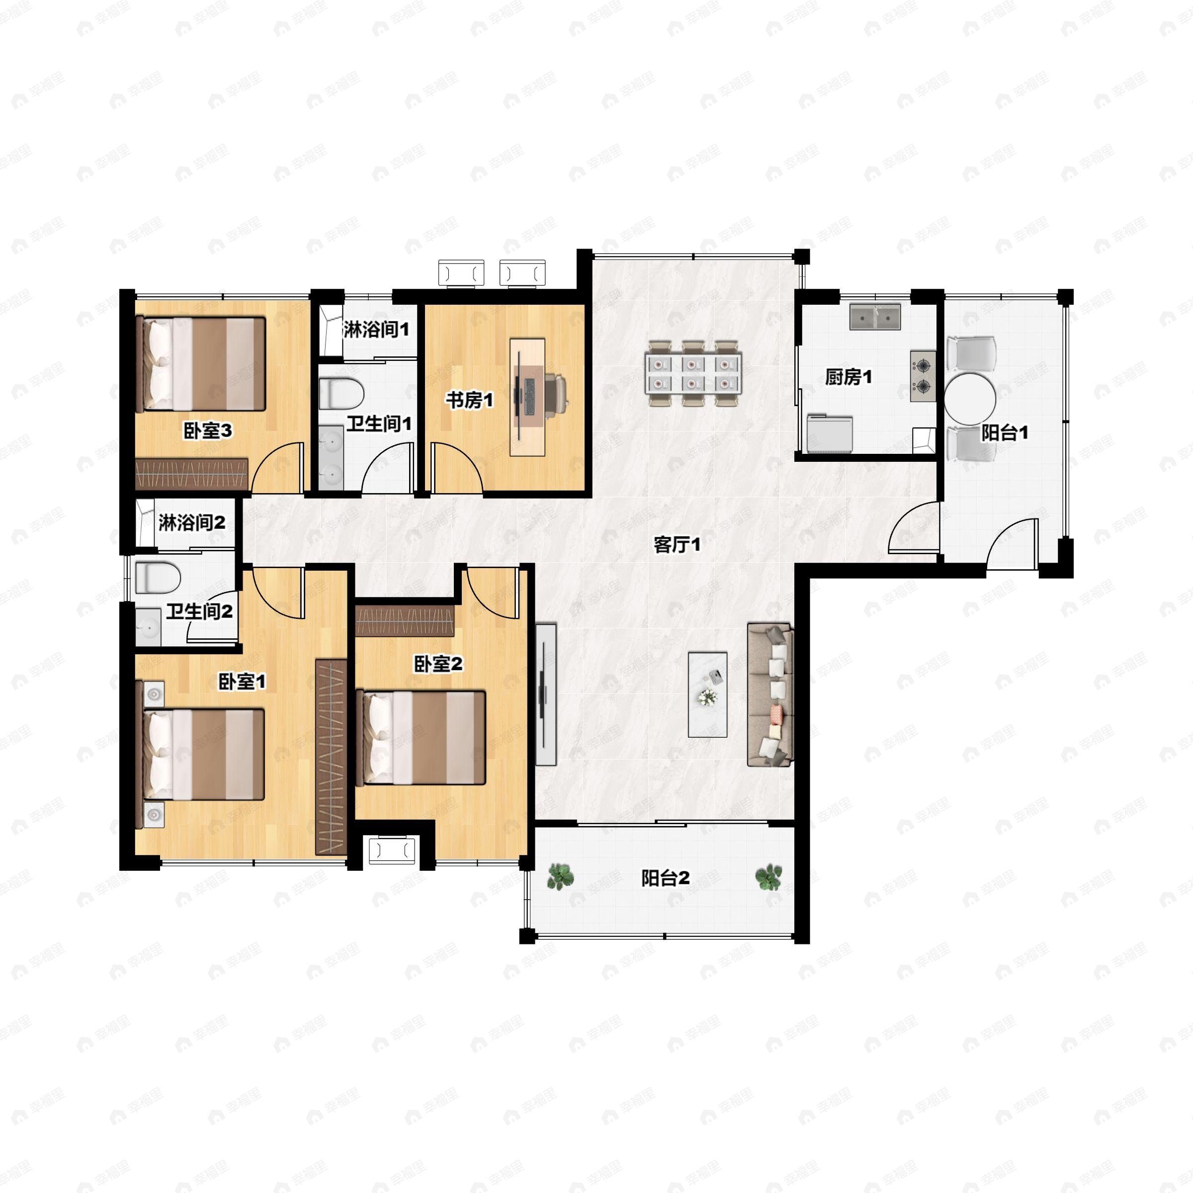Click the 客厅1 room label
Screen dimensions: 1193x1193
pyautogui.click(x=677, y=545)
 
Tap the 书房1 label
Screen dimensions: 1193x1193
pyautogui.click(x=469, y=400)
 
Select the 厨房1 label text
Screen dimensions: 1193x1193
pyautogui.click(x=849, y=377)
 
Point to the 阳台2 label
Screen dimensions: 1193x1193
pyautogui.click(x=665, y=877)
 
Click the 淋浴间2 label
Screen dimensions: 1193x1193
pyautogui.click(x=191, y=523)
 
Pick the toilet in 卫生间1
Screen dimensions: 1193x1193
pyautogui.click(x=341, y=393)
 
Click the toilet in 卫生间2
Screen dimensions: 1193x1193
pyautogui.click(x=158, y=577)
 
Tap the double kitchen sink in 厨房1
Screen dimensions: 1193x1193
pyautogui.click(x=875, y=316)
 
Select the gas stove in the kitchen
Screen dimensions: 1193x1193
pyautogui.click(x=923, y=376)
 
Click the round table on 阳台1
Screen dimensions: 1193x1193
pyautogui.click(x=970, y=399)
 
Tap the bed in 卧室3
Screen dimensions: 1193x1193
pyautogui.click(x=201, y=364)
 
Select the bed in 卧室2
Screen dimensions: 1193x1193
pyautogui.click(x=421, y=738)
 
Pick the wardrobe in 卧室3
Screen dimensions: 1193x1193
pyautogui.click(x=191, y=474)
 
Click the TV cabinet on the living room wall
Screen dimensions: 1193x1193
pyautogui.click(x=546, y=694)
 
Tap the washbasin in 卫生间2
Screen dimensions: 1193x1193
pyautogui.click(x=148, y=627)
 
